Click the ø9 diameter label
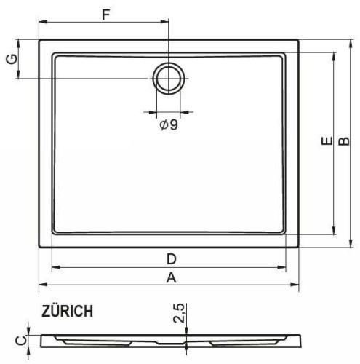(x=169, y=124)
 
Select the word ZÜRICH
(x=67, y=312)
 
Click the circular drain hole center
(x=169, y=78)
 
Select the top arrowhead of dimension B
(x=351, y=42)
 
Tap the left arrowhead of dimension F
(x=41, y=25)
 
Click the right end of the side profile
(x=300, y=340)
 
